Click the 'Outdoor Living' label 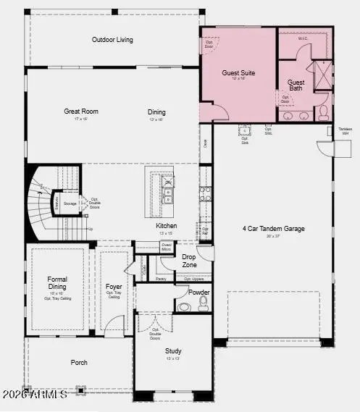(x=112, y=39)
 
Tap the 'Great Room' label (x=81, y=112)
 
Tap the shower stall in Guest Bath (x=319, y=75)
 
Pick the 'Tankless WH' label (x=346, y=132)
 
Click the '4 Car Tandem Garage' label (x=273, y=229)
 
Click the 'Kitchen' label (x=167, y=225)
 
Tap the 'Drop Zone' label (x=189, y=260)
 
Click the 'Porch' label (x=79, y=362)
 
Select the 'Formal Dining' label (x=57, y=282)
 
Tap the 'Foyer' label (x=113, y=287)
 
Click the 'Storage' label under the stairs (x=70, y=204)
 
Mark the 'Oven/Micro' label (x=167, y=247)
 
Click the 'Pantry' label (x=160, y=279)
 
